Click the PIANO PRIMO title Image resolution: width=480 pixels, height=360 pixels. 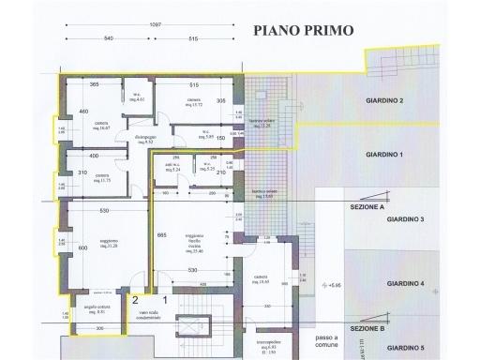pyautogui.click(x=304, y=29)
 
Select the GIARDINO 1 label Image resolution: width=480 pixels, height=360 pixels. pyautogui.click(x=383, y=155)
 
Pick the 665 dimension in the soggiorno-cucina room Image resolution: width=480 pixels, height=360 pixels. pyautogui.click(x=161, y=234)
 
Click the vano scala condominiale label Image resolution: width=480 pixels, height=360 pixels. pyautogui.click(x=154, y=315)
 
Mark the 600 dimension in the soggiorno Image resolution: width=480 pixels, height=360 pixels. pyautogui.click(x=82, y=247)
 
